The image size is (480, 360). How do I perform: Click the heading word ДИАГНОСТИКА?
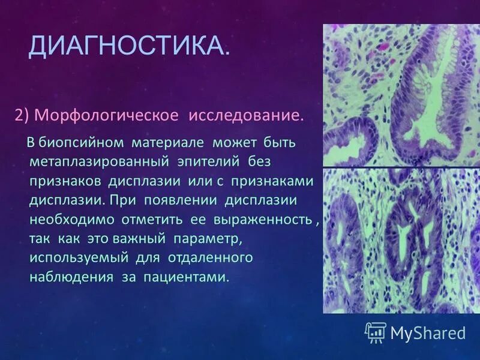tap(128, 46)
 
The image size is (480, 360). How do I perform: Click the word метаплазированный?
tap(99, 162)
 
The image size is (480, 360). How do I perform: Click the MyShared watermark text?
tap(428, 333)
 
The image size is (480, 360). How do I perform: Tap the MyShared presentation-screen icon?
tap(376, 332)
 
